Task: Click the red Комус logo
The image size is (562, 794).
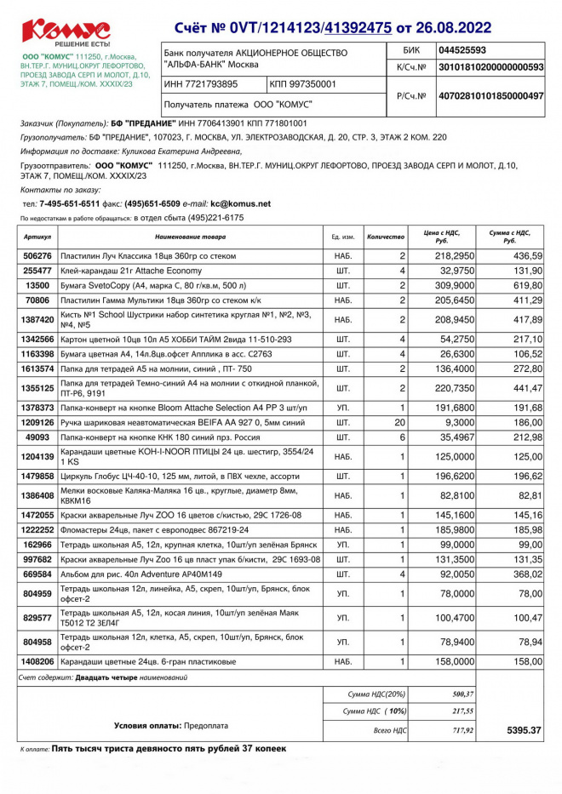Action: pos(66,31)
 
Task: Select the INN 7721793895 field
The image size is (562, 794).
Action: pos(201,84)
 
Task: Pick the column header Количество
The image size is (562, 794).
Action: pos(386,236)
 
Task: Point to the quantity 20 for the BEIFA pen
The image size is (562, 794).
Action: pos(399,422)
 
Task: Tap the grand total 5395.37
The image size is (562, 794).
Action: pos(525,730)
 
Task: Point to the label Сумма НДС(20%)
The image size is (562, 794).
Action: pos(377,694)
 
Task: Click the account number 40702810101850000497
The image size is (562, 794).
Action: pos(490,97)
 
